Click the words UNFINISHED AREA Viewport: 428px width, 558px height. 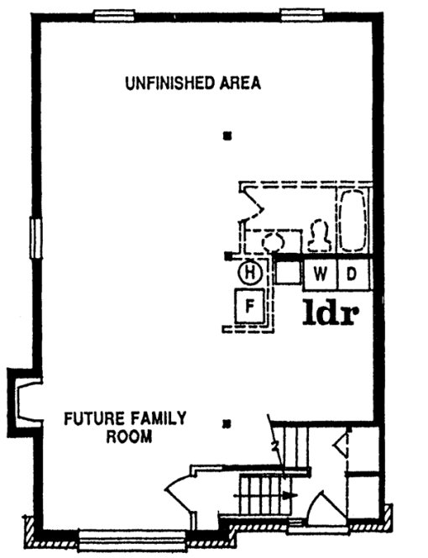coord(193,83)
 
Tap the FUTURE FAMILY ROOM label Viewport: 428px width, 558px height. coord(127,427)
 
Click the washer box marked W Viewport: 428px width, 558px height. coord(321,273)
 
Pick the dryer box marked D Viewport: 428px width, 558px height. coord(353,273)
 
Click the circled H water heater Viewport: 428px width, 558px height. coord(249,271)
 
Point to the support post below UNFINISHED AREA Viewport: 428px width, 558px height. coord(226,136)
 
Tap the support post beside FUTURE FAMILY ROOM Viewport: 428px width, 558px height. coord(226,424)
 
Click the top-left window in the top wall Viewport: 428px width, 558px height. coord(115,14)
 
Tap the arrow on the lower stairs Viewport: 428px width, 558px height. coord(288,496)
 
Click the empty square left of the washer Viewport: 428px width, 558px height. coord(289,271)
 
